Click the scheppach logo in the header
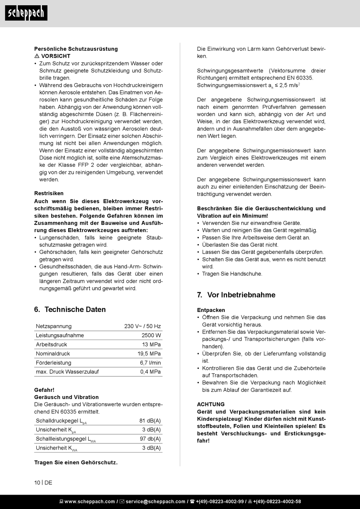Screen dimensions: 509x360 point(26,13)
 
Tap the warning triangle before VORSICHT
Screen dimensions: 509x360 point(37,56)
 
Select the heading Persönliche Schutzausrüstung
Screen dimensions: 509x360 point(76,49)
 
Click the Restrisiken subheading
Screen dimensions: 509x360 point(49,193)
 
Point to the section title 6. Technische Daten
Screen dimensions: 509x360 point(70,309)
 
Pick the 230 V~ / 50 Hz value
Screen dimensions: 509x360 point(142,326)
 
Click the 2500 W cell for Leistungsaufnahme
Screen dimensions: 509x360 point(151,335)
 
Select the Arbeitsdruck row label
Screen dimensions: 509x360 point(51,345)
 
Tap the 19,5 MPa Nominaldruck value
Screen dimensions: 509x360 point(149,354)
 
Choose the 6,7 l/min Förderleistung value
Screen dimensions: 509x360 point(150,363)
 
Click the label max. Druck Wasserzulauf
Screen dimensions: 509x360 point(67,372)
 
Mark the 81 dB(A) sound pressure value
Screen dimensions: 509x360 point(150,421)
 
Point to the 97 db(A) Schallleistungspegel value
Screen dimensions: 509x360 point(150,439)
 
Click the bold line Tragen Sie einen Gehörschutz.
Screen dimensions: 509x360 point(76,462)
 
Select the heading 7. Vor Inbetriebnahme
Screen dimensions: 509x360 point(236,295)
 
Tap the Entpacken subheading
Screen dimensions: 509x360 point(211,310)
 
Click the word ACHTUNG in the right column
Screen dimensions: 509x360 point(211,404)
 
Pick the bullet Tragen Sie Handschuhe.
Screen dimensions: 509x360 point(232,274)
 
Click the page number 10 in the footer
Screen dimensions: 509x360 point(37,482)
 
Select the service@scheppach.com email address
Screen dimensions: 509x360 point(155,501)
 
